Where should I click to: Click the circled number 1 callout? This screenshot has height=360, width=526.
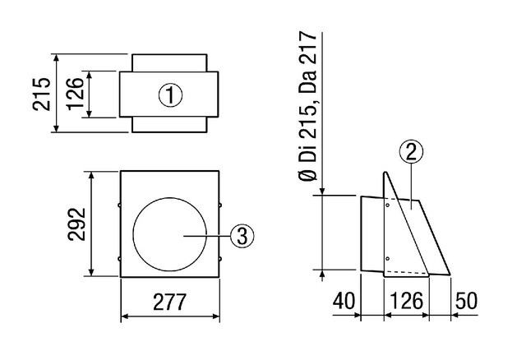[x=170, y=95]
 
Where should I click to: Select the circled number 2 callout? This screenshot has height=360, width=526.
[x=411, y=152]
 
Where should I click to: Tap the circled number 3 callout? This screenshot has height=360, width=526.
[x=242, y=236]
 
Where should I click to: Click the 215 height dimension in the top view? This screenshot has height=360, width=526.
[x=42, y=94]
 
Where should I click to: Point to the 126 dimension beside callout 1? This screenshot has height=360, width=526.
[x=75, y=94]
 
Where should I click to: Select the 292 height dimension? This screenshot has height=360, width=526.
[x=76, y=224]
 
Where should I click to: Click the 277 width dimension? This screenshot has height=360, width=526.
[x=169, y=302]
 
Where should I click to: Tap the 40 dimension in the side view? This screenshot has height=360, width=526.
[x=344, y=301]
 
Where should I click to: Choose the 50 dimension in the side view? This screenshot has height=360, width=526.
[x=466, y=301]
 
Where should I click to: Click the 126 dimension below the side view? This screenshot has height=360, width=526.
[x=406, y=301]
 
